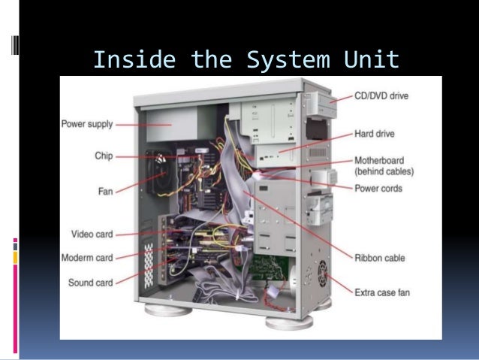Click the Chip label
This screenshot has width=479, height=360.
click(104, 156)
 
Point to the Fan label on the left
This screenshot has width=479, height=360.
click(105, 191)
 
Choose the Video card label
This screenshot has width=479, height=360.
click(92, 234)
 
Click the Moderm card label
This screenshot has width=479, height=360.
click(87, 258)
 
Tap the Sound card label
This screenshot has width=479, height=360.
click(91, 283)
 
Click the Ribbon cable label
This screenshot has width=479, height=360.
click(380, 258)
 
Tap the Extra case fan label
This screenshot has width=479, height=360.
click(386, 290)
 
